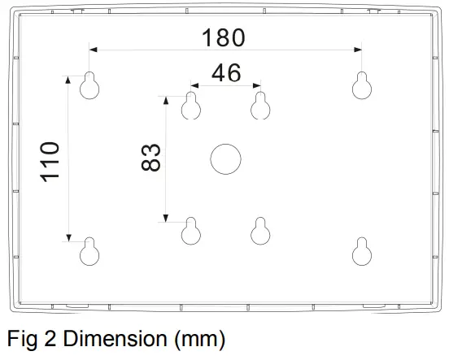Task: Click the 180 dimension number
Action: coord(223,37)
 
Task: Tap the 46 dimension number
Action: coord(225,73)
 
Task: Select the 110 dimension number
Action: coord(50,161)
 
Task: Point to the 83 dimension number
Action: coord(150,157)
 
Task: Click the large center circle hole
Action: coord(225,158)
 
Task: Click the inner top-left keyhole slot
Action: coord(191,105)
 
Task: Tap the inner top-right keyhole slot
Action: coord(260,105)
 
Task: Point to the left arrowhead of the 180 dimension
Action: coord(93,50)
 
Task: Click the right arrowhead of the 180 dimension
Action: coord(359,50)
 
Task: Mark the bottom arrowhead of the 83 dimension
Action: coord(166,217)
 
